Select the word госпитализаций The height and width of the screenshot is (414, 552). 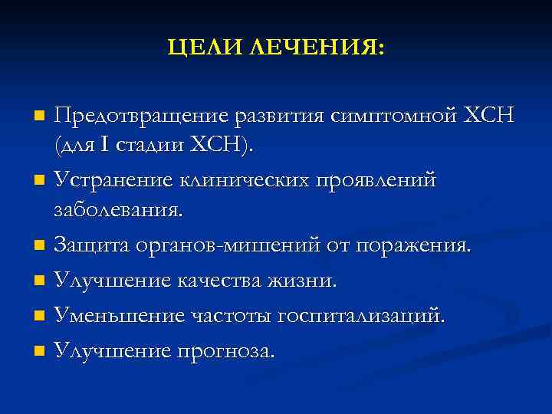tap(363, 315)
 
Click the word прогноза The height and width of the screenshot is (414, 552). tap(225, 350)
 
